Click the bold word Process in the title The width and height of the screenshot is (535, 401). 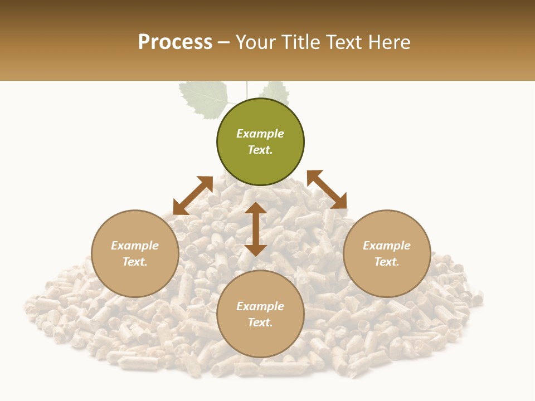(175, 42)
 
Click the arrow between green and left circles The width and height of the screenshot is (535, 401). (193, 195)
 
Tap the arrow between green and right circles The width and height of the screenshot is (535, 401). (327, 189)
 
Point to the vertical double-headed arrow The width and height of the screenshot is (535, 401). (256, 229)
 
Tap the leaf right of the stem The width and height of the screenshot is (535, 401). (275, 92)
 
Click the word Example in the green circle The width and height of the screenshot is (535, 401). (260, 134)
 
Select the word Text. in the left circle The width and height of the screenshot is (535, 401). (135, 262)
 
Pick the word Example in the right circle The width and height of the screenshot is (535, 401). (387, 246)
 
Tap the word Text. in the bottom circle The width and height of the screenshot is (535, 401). (260, 322)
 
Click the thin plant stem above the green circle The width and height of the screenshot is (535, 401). (246, 90)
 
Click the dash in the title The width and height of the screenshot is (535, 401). (224, 43)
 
